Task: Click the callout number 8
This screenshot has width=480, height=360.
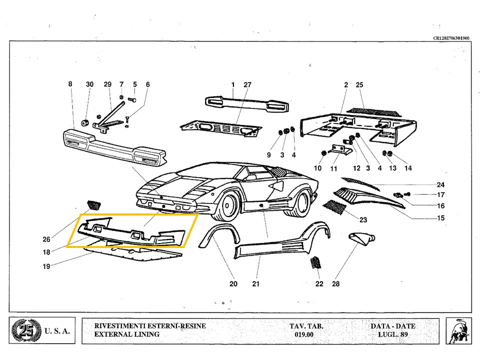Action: coord(70,84)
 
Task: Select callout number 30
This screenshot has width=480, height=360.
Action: coord(89,84)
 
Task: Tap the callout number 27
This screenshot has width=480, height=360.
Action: coord(247,84)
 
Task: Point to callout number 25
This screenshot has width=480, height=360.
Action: coord(359,85)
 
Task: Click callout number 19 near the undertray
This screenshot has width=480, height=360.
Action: coord(46,266)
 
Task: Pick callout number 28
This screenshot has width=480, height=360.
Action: coord(335,284)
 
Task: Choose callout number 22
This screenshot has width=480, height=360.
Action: coord(319,284)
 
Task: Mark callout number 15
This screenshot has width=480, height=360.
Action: coord(440,218)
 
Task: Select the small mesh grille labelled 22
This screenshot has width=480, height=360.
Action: coord(316,262)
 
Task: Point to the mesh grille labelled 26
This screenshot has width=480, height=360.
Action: coord(93,204)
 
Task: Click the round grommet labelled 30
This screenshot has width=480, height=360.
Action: coord(85,122)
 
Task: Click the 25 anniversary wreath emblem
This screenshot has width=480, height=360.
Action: coord(23,331)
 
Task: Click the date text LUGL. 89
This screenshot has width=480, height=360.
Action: coord(392,334)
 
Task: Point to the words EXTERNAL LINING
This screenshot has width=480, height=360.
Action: coord(126,334)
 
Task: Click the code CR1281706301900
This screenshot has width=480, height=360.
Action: coord(451,38)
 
